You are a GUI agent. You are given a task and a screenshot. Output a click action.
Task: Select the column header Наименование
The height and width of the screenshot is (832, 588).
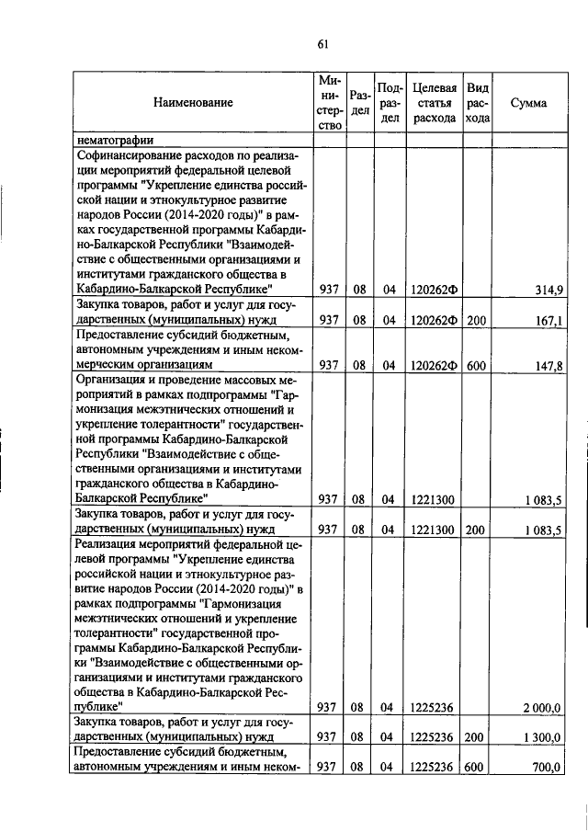(193, 103)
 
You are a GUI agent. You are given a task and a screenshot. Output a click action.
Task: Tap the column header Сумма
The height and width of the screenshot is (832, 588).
(528, 103)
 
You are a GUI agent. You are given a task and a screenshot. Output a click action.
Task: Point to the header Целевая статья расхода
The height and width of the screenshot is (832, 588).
(435, 103)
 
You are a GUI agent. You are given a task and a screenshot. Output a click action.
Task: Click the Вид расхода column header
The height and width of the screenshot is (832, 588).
(478, 103)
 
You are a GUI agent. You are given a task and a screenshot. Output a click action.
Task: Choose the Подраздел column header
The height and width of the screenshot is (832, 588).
(390, 103)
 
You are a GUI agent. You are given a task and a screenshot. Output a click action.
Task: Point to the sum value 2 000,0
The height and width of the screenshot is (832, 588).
(542, 707)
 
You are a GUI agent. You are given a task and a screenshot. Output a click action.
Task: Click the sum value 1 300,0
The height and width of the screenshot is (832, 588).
(542, 737)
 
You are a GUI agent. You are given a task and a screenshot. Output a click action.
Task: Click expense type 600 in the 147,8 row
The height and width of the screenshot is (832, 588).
(475, 365)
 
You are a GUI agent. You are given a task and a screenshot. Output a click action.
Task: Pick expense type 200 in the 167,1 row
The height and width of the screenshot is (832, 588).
(475, 321)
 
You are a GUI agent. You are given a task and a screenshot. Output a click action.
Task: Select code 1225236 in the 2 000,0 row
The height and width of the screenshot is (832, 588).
(434, 707)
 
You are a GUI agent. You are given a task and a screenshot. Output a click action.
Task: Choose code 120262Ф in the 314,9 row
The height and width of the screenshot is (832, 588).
(435, 291)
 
